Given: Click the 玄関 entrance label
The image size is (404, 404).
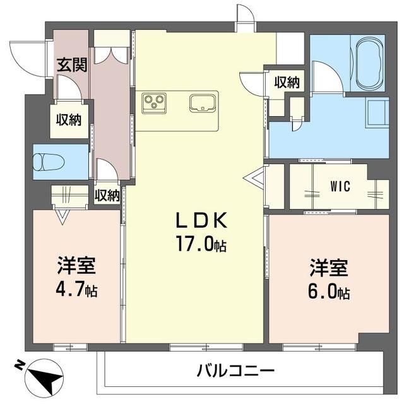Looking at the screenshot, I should pos(71,64).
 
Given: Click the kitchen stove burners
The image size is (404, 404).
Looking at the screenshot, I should pos(155,102).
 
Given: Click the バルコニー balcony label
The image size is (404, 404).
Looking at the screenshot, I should pos(234,370).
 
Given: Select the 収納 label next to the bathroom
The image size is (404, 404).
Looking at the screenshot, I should pos(287,81).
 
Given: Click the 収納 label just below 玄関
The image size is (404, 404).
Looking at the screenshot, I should pos(70,120).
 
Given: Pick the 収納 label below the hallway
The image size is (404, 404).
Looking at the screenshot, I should pos(107,195).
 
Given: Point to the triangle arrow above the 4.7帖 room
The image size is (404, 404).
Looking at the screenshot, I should pos(61,217).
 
